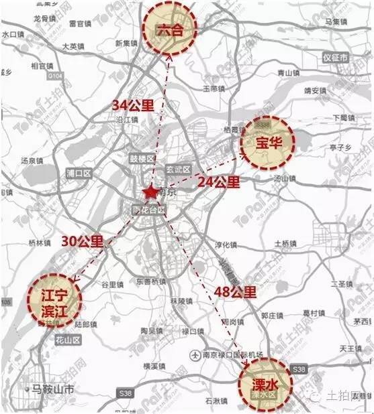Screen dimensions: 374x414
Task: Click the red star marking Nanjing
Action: coord(150,193)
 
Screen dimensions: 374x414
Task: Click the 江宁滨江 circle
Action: coord(53,298)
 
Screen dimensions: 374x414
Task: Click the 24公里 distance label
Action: coord(218,182)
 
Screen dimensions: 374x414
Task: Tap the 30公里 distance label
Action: coord(83,242)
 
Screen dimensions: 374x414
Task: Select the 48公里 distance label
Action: coord(236,291)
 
